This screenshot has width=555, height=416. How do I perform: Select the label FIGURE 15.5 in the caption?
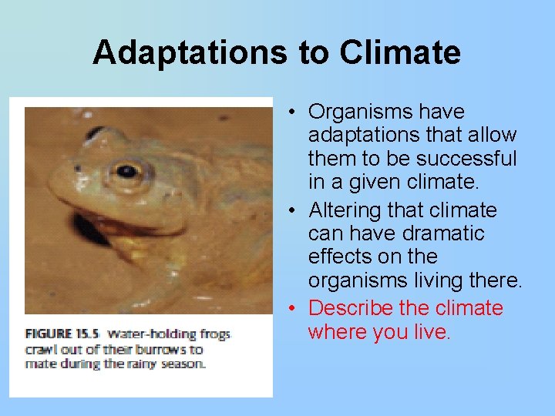pos(62,334)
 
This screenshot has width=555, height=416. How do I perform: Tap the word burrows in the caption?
pos(160,349)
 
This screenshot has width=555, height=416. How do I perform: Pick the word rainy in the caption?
pos(136,363)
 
